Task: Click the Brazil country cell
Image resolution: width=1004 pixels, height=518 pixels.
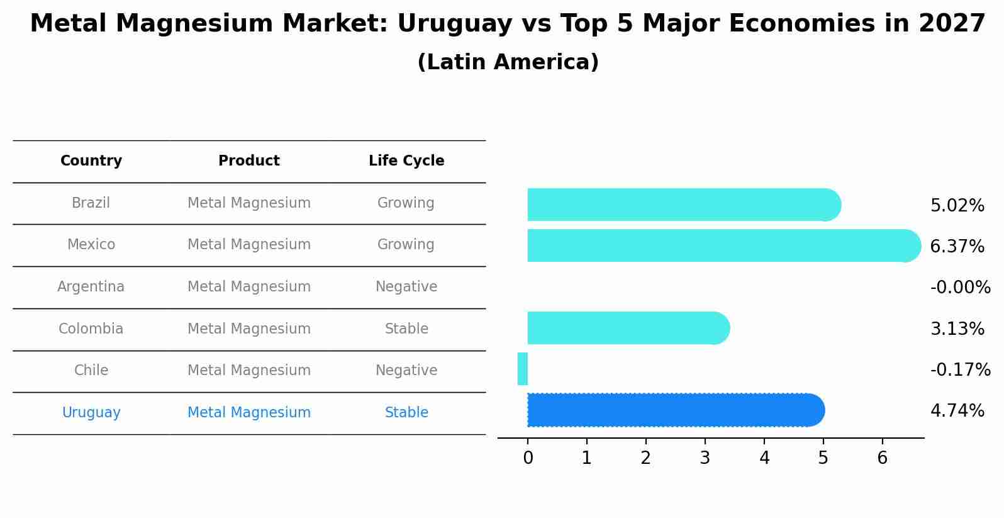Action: (91, 203)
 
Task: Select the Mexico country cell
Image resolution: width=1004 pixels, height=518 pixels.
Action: (91, 245)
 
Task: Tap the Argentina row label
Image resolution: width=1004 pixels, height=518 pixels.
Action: (91, 287)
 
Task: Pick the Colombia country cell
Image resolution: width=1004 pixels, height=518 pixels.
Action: (91, 329)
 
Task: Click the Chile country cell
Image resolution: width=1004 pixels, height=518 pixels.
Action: (91, 371)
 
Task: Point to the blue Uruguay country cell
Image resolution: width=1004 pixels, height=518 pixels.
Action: (91, 413)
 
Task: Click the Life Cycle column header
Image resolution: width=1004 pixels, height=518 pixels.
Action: (406, 161)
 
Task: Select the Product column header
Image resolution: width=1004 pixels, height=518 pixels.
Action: (248, 161)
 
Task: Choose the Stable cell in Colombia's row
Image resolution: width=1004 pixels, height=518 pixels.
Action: (406, 329)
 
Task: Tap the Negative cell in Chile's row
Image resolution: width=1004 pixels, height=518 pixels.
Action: (406, 371)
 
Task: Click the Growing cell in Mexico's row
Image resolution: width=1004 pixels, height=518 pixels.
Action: (406, 245)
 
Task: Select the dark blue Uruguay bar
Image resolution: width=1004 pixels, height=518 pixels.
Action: (673, 410)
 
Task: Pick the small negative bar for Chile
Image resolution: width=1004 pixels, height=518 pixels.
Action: (523, 369)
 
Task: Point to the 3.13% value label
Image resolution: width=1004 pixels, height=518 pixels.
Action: (957, 329)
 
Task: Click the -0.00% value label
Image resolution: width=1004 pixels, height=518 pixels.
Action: (960, 288)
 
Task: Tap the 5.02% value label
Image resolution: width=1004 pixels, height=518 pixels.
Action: (957, 206)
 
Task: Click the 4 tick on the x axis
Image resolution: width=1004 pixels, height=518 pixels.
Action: (764, 458)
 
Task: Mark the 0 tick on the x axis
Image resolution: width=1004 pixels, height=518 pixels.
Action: (528, 458)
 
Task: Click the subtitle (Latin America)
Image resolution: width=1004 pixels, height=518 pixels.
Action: (508, 62)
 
